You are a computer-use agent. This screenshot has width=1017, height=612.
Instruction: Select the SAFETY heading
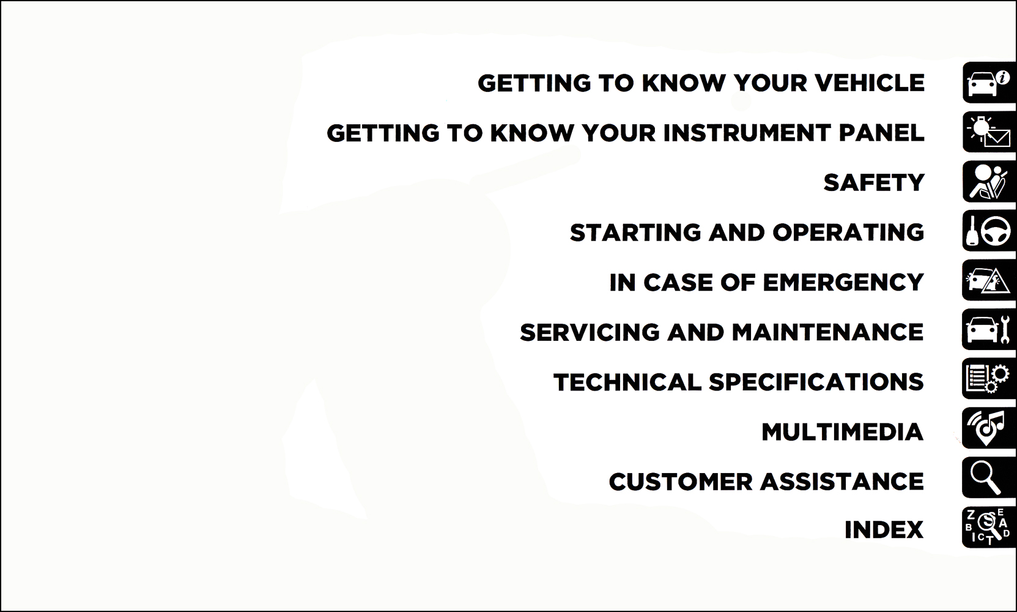[874, 182]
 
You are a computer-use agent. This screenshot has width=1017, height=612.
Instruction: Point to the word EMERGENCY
[843, 282]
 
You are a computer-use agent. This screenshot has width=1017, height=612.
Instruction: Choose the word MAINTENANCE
[827, 332]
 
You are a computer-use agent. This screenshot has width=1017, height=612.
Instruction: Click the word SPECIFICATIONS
[816, 382]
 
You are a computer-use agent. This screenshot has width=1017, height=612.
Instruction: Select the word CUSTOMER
[681, 482]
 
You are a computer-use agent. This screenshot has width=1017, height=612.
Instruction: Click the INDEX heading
[884, 530]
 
